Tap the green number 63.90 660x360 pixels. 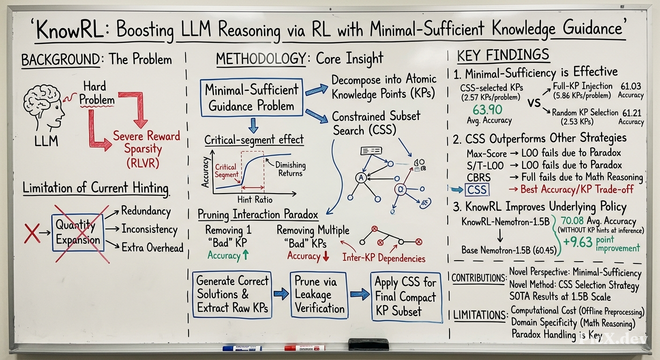tap(487, 110)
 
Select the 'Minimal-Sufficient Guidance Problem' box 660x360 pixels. tap(252, 97)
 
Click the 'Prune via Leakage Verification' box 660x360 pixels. tap(319, 295)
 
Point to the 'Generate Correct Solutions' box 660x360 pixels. tap(232, 294)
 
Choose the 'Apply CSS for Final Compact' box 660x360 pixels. tap(406, 297)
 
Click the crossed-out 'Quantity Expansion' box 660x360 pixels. tap(78, 232)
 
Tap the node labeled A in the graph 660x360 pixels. tap(361, 178)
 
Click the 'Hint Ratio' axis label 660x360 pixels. tap(255, 200)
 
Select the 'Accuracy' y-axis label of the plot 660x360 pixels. tap(205, 172)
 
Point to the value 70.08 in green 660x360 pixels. tap(572, 221)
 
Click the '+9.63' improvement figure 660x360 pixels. tap(577, 242)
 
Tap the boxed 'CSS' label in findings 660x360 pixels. tap(477, 189)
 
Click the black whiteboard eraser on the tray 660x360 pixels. tap(368, 345)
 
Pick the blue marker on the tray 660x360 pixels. tap(242, 348)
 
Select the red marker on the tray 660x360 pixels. tap(305, 348)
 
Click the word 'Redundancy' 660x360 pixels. tap(146, 211)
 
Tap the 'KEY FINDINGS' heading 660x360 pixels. tap(503, 55)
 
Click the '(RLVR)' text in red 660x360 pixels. tap(142, 163)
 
